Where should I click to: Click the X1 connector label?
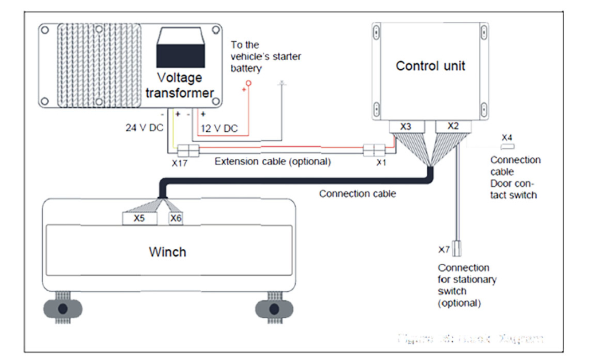381,163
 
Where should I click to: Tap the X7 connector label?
444,249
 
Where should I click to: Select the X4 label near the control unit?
507,138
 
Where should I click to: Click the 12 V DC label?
218,128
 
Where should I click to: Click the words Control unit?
430,65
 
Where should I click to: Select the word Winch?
167,252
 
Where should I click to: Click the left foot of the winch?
63,308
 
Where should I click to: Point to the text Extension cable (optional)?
273,162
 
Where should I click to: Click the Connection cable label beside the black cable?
357,194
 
